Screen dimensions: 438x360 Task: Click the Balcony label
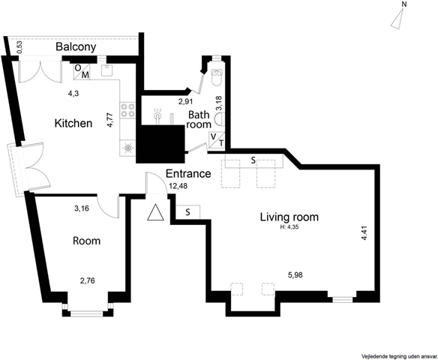[x=76, y=47]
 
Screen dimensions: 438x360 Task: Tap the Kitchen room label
[x=73, y=123]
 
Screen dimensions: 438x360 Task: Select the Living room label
[x=289, y=217]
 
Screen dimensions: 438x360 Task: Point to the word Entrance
[x=188, y=173]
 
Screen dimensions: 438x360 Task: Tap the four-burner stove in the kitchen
[x=127, y=109]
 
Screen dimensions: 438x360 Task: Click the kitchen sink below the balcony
[x=106, y=70]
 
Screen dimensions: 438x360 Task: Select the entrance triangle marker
[x=155, y=213]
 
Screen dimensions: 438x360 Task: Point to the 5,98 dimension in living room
[x=295, y=275]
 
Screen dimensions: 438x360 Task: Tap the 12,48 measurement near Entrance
[x=178, y=186]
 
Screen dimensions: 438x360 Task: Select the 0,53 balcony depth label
[x=19, y=47]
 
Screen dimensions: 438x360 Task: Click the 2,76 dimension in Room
[x=88, y=280]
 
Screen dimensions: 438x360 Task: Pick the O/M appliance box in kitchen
[x=82, y=72]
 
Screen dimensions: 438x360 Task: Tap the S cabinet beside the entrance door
[x=187, y=212]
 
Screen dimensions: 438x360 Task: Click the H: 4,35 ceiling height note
[x=289, y=227]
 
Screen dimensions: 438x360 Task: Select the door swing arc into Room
[x=106, y=209]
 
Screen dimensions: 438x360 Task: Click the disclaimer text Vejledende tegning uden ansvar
[x=399, y=357]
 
